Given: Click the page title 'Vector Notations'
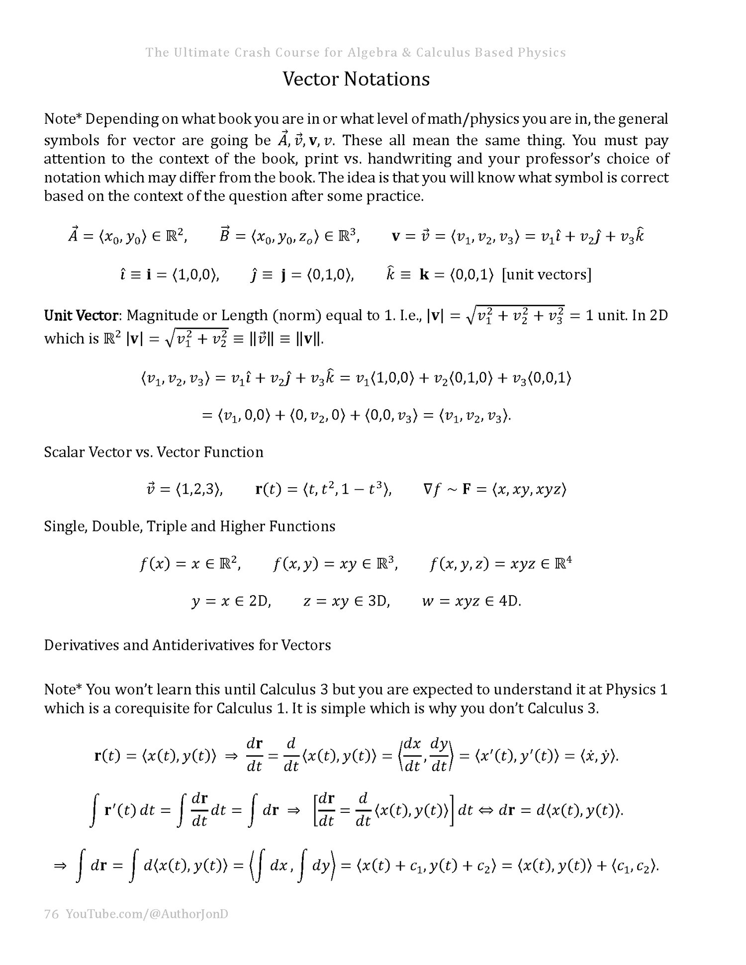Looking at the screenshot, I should (x=356, y=79).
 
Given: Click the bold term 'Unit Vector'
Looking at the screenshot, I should (x=82, y=315).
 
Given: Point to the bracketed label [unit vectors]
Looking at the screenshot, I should (x=547, y=274).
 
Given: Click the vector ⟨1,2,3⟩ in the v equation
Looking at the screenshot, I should (x=198, y=489).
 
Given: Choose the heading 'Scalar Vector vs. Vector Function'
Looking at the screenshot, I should (x=154, y=452).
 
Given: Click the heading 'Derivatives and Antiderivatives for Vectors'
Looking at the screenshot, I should (x=187, y=645).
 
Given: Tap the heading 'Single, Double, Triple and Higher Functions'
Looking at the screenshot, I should (x=189, y=526).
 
